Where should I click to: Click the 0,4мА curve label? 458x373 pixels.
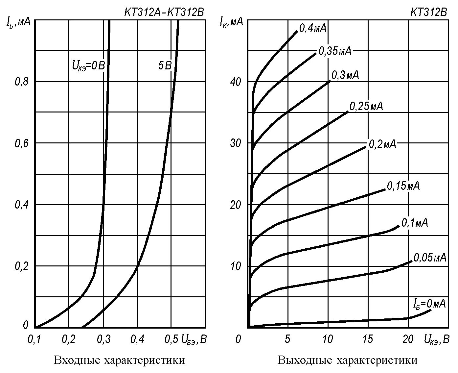click(x=313, y=29)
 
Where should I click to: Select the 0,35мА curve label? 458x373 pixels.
click(x=335, y=51)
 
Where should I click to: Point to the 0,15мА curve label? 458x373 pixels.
click(x=403, y=186)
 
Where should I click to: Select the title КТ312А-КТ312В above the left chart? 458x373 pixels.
click(x=164, y=12)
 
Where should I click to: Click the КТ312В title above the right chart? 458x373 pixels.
click(x=428, y=12)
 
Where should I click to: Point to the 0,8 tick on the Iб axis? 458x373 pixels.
click(x=22, y=82)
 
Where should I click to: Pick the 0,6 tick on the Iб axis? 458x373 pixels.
click(x=22, y=143)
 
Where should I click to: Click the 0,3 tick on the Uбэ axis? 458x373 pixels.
click(x=103, y=339)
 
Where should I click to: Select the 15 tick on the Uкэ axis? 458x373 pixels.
click(x=368, y=339)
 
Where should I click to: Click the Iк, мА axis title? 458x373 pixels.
click(x=231, y=22)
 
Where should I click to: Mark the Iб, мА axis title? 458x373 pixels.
click(x=18, y=22)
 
